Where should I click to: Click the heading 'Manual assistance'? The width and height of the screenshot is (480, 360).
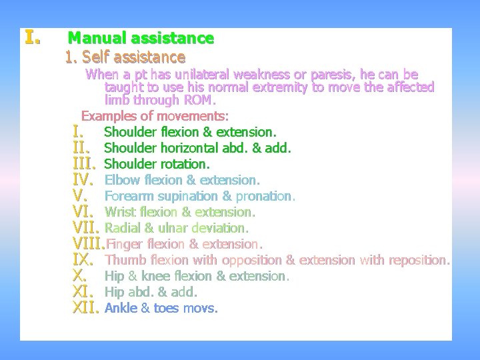click(x=141, y=39)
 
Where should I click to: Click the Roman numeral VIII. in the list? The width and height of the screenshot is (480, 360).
click(x=88, y=244)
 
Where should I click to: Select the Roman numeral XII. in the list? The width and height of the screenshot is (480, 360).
click(x=85, y=308)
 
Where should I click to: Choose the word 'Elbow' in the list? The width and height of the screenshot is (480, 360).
click(x=121, y=180)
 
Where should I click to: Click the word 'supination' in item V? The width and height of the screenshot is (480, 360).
click(x=189, y=196)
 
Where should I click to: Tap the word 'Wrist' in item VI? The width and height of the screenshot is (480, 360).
click(x=120, y=212)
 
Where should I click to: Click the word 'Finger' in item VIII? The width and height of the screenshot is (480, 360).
click(x=125, y=244)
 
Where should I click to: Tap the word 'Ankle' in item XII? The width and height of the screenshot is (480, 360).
click(x=121, y=308)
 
